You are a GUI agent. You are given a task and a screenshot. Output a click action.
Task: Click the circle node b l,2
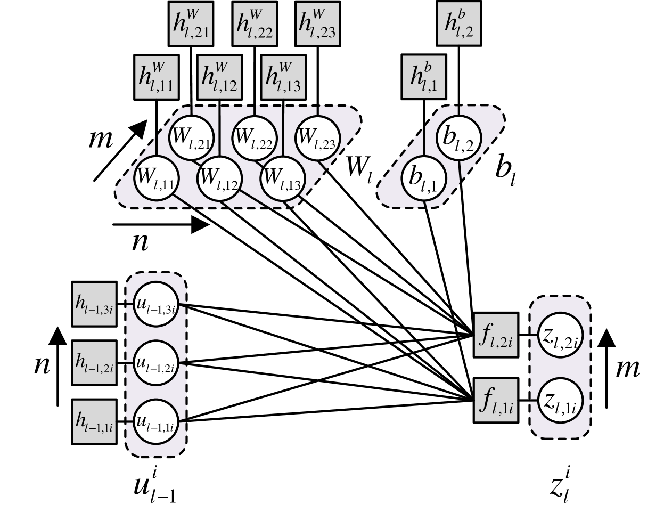[x=459, y=137]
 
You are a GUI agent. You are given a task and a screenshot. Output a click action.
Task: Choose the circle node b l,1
[x=423, y=178]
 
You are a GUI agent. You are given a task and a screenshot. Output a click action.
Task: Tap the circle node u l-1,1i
[x=155, y=421]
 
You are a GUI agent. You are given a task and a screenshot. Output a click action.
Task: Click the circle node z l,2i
[x=560, y=336]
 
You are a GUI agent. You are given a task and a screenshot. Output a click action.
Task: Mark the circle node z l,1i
[x=560, y=401]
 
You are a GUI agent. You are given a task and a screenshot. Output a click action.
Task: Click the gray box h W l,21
[x=191, y=24]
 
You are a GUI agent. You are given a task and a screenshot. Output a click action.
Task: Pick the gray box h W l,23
[x=317, y=24]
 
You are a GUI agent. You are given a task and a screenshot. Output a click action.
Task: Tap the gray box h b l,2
[x=459, y=23]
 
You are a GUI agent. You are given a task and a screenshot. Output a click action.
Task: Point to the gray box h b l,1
[x=424, y=77]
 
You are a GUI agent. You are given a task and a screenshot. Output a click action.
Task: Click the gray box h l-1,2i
[x=94, y=363]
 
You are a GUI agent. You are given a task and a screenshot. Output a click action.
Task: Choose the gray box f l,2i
[x=496, y=335]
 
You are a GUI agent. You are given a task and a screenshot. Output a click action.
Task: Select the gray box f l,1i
[x=496, y=400]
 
